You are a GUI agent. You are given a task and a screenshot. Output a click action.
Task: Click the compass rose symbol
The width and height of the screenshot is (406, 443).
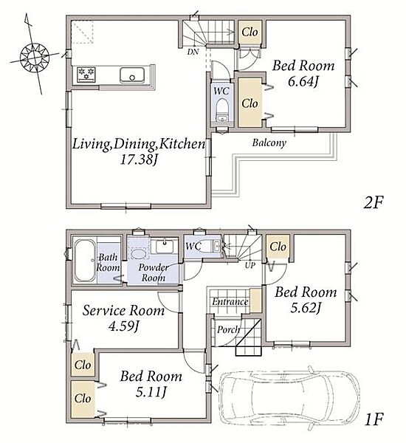35,58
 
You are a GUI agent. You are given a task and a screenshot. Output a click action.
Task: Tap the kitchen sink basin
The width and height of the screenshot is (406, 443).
132,75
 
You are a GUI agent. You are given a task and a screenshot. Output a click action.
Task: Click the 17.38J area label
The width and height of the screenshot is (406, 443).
139,160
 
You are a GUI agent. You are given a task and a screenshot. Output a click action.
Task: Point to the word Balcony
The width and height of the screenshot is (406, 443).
269,142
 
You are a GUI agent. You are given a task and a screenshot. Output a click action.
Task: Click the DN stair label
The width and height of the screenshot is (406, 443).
193,52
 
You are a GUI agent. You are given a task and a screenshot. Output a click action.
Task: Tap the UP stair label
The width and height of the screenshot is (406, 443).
250,265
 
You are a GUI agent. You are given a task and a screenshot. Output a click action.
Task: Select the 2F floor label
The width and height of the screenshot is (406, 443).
373,202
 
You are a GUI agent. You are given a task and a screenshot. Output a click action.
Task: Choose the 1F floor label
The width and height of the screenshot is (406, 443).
374,419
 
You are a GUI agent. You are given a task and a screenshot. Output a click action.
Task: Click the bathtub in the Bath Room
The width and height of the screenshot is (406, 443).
85,261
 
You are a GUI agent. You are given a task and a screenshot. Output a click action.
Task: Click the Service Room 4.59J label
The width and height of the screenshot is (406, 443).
123,318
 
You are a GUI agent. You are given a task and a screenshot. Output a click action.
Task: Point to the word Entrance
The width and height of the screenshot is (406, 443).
230,302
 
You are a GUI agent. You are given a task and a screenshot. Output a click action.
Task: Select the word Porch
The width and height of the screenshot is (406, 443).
228,329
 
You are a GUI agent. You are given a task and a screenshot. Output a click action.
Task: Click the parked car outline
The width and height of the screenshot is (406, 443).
289,399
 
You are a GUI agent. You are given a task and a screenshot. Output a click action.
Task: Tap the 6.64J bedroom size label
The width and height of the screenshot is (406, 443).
303,82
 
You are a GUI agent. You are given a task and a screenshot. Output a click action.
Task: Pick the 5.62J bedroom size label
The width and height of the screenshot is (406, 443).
306,308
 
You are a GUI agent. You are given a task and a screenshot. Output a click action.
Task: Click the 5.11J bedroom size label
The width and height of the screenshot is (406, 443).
151,392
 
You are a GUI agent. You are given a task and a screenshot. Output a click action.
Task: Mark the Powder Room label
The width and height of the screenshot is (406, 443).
154,272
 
